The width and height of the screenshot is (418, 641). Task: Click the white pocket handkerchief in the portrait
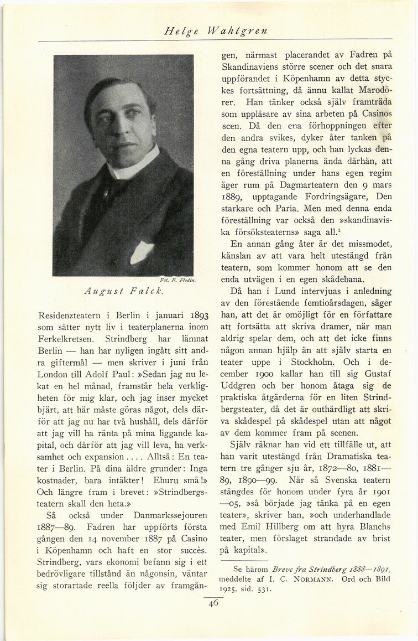[x=141, y=251]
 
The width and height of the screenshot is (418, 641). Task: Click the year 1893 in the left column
[x=195, y=317]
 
